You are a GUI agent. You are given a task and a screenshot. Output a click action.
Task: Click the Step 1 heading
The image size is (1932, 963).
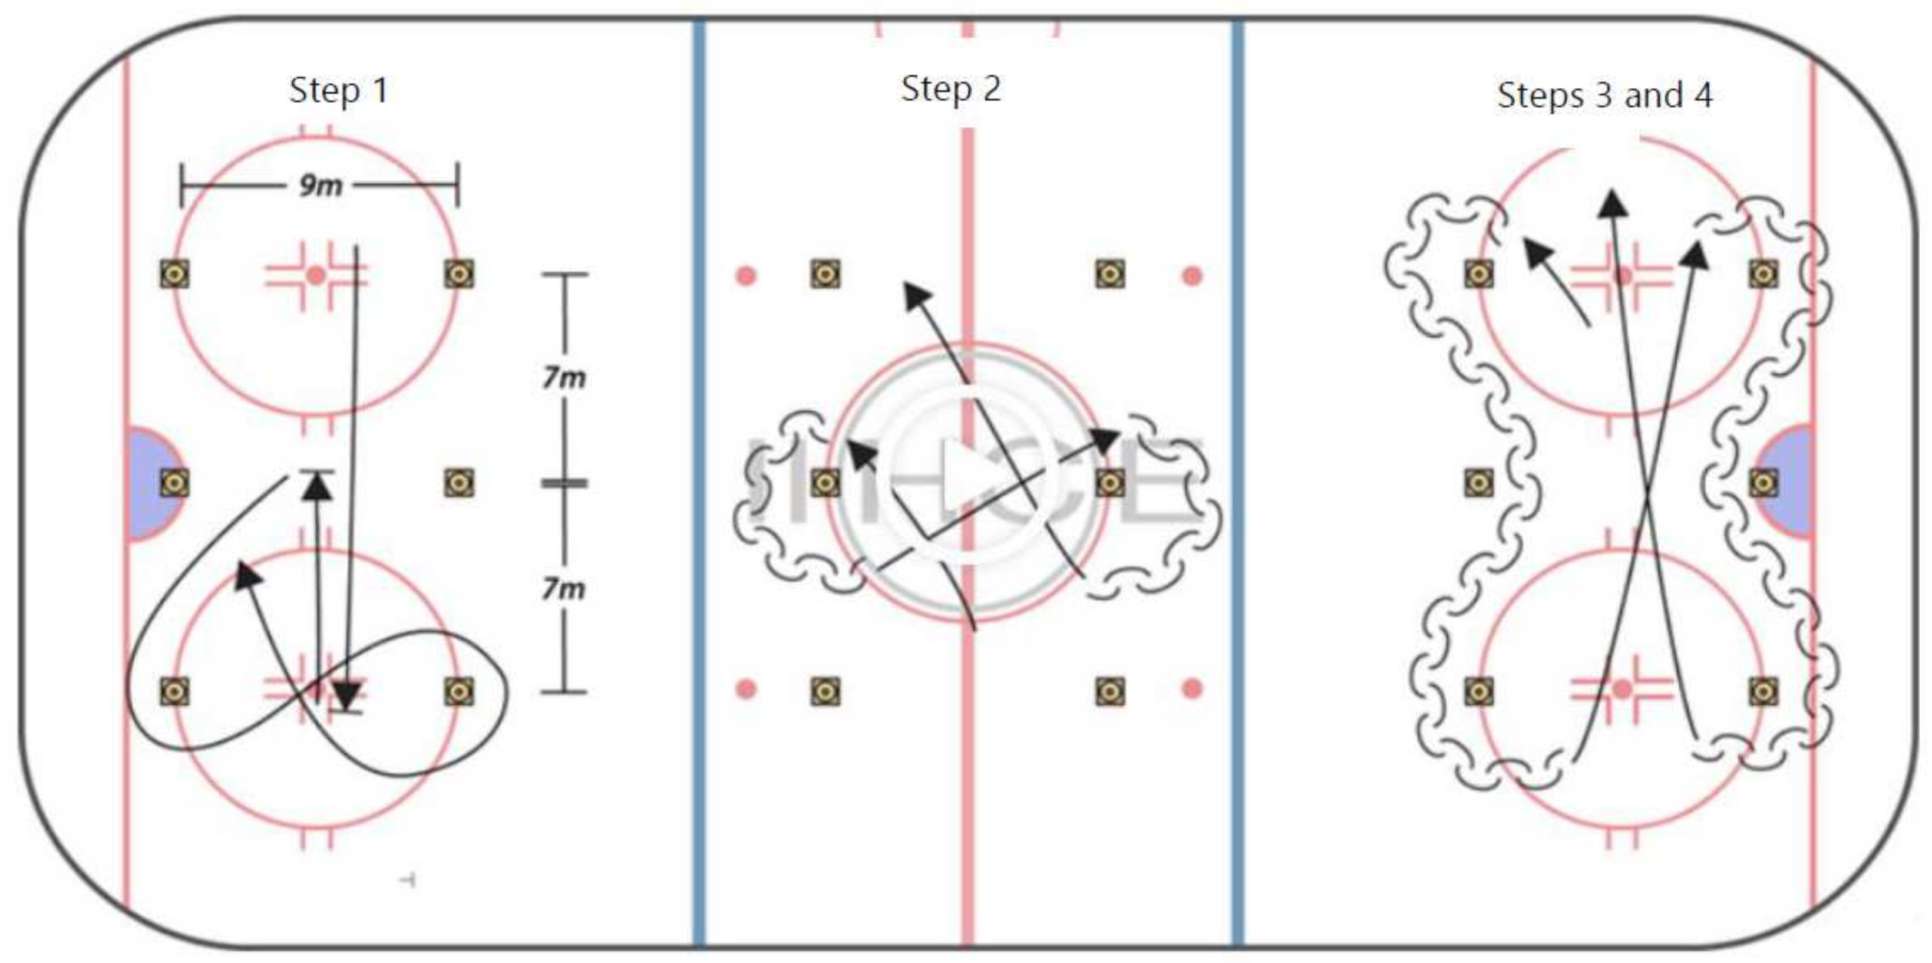338,91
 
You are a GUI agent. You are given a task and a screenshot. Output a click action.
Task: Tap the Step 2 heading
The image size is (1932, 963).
950,88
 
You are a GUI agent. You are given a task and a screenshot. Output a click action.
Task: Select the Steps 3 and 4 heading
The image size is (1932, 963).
1604,95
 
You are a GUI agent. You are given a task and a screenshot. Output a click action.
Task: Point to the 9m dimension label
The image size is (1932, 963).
321,185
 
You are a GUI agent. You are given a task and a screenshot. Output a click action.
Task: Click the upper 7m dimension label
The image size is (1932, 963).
564,377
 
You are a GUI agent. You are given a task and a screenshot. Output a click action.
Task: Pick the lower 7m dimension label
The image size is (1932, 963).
564,589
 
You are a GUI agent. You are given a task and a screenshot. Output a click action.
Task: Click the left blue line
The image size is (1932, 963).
699,480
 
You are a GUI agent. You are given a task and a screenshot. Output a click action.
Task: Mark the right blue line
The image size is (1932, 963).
1237,480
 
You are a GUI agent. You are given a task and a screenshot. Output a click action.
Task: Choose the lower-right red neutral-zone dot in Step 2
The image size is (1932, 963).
1192,688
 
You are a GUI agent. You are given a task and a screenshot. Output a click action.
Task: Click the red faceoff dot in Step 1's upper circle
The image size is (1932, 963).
316,275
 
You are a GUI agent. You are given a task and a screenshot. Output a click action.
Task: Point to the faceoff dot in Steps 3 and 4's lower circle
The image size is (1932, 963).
1622,688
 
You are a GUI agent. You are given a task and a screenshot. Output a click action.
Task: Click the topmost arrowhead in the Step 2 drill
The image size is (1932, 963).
916,295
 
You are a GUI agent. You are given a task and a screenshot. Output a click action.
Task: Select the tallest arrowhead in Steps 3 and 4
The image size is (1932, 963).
1611,204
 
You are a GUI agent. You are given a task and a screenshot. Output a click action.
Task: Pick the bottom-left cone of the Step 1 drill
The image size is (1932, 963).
174,691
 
